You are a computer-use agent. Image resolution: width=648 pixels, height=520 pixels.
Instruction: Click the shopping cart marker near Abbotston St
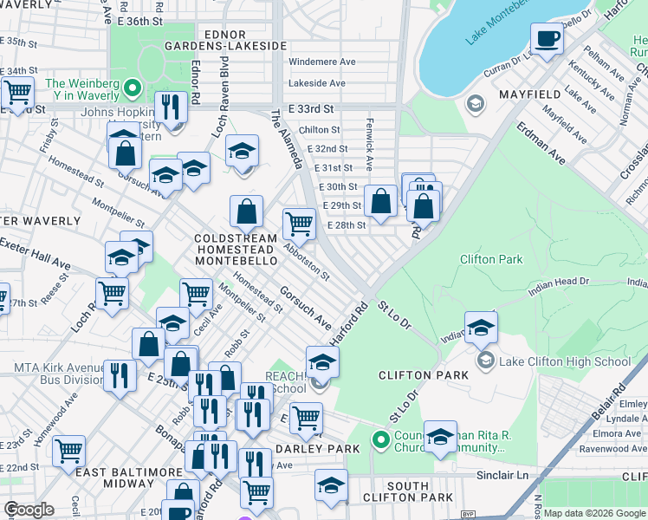299,224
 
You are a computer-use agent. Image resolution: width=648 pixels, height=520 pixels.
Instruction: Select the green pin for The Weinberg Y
133,88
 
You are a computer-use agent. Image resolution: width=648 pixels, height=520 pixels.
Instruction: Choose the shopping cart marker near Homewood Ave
68,451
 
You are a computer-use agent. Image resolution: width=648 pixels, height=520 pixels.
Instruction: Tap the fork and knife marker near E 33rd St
171,107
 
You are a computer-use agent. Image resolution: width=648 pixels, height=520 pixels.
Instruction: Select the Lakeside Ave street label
316,83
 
